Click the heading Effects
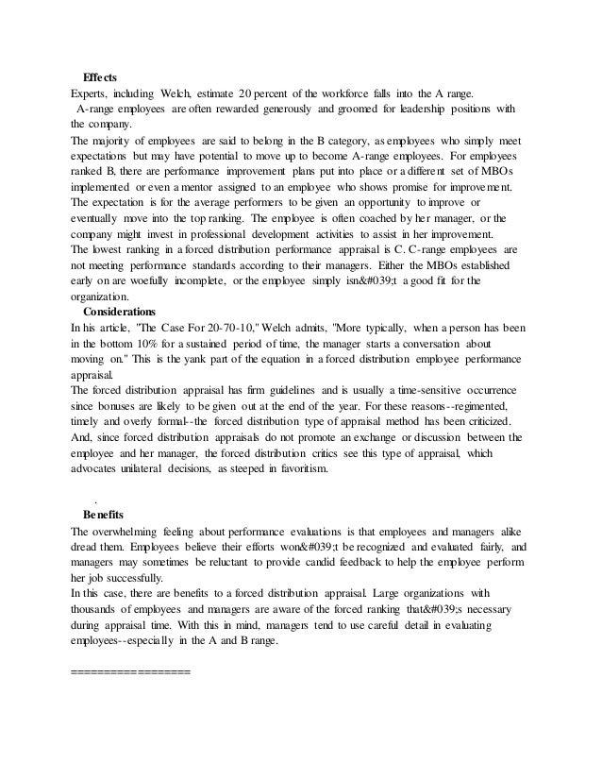(x=100, y=76)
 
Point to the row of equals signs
(x=131, y=673)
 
